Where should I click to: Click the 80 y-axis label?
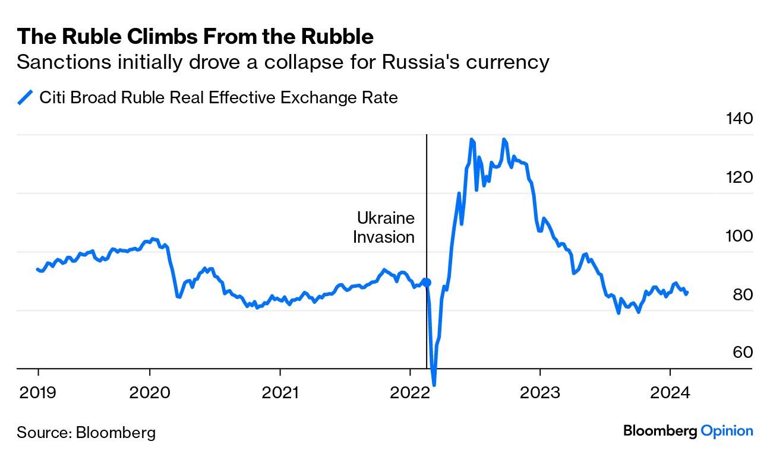[742, 294]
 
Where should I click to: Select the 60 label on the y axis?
[742, 353]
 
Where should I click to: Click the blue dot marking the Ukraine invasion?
[426, 283]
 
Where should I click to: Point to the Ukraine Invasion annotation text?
[384, 227]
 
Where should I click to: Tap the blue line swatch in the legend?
[25, 97]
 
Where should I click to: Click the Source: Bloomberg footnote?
[86, 432]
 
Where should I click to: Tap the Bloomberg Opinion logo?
[688, 431]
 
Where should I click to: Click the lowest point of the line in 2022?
[434, 385]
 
